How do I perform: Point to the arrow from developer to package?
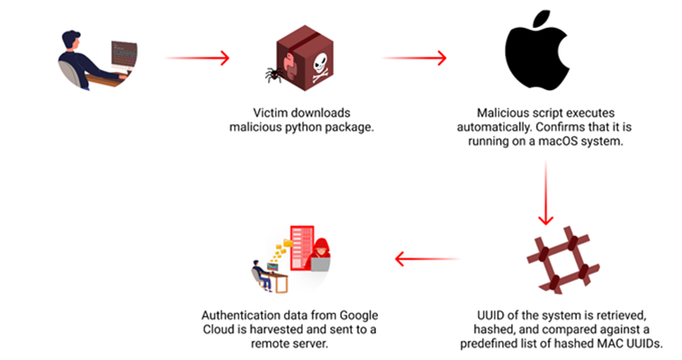point(198,58)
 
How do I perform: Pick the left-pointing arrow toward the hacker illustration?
point(427,262)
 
